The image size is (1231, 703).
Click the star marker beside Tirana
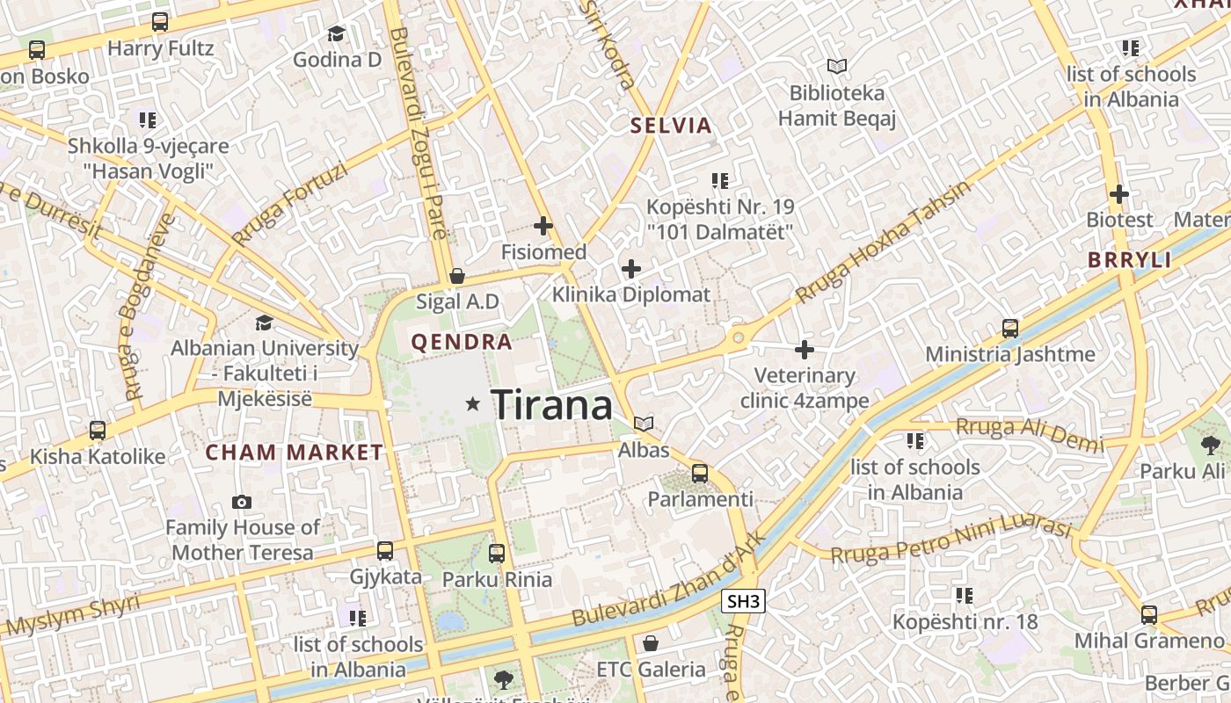[473, 403]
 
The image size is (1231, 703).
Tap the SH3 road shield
[743, 601]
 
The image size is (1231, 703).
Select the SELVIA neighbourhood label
[670, 125]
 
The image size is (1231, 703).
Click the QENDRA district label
[462, 342]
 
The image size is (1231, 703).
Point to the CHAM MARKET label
[295, 453]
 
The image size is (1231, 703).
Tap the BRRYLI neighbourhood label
[1129, 259]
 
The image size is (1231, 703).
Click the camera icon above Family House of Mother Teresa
[241, 502]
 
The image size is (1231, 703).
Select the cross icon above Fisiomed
[543, 226]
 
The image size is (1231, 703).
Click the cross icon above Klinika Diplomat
[630, 268]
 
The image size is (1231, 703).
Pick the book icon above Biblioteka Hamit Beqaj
[836, 66]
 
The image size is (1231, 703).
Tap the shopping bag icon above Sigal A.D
[456, 276]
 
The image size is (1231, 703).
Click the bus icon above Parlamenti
[700, 473]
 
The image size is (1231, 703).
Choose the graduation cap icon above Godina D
[336, 33]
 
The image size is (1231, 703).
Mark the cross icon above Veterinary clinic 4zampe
[804, 349]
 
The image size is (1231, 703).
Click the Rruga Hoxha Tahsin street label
[883, 242]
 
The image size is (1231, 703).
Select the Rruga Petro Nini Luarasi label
[951, 541]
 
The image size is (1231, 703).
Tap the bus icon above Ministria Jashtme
[1010, 329]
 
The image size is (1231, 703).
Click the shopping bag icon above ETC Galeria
[651, 643]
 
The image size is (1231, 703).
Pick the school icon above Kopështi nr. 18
[965, 596]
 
